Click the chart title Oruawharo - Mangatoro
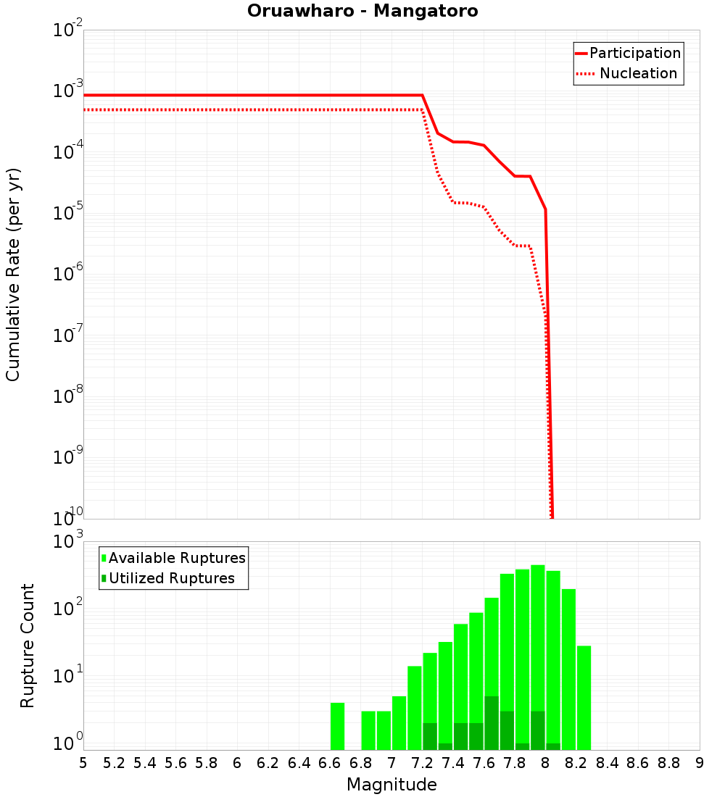pyautogui.click(x=362, y=11)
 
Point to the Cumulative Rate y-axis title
pyautogui.click(x=13, y=275)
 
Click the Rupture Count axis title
pyautogui.click(x=28, y=646)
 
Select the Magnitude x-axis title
pyautogui.click(x=391, y=785)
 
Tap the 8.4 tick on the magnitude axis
pyautogui.click(x=608, y=763)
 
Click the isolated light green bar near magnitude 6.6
pyautogui.click(x=337, y=726)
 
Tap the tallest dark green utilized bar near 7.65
pyautogui.click(x=492, y=723)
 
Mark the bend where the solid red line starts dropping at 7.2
pyautogui.click(x=422, y=95)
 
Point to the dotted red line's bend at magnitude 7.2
pyautogui.click(x=422, y=110)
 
